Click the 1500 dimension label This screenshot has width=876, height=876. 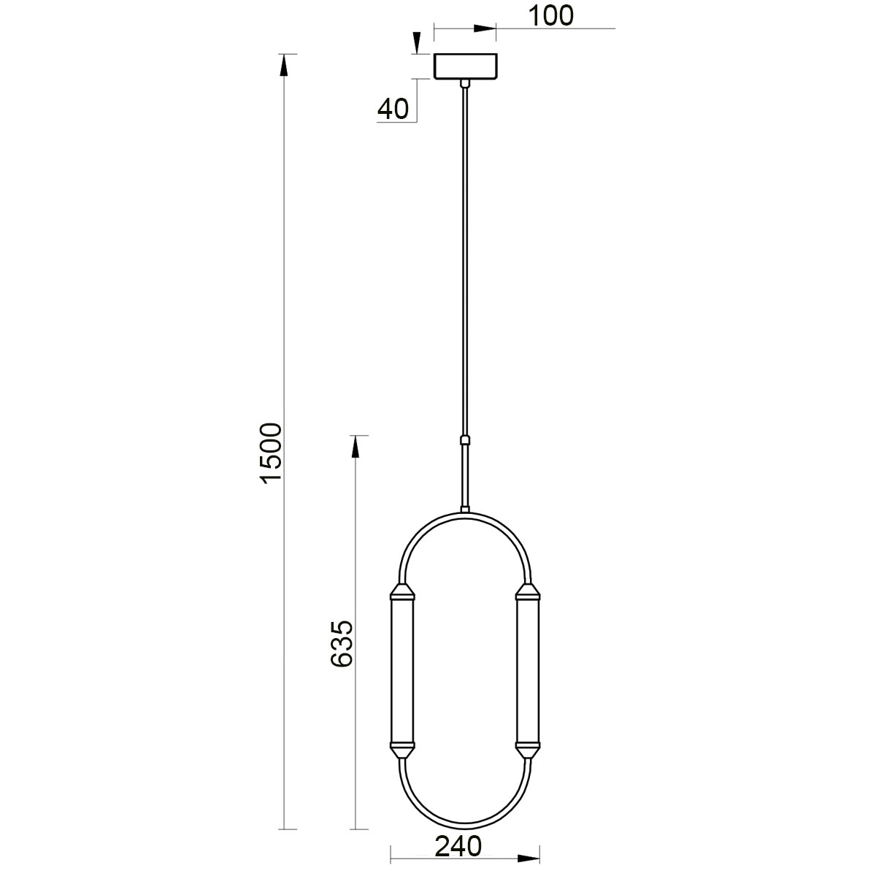pos(271,452)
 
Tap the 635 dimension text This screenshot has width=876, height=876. pos(342,644)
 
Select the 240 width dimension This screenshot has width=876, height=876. pos(458,848)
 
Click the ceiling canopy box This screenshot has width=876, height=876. pos(465,66)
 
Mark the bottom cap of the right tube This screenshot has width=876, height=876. pos(526,749)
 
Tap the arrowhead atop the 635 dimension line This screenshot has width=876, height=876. pos(356,447)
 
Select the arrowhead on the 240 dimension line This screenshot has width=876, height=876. pos(528,859)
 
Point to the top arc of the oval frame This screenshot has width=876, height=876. pos(464,515)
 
